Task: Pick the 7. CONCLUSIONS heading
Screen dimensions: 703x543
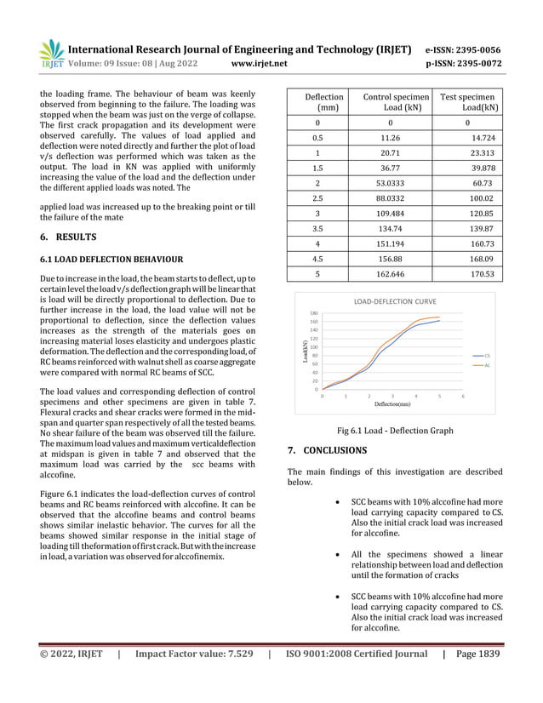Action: point(328,450)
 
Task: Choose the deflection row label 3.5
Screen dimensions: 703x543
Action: point(317,229)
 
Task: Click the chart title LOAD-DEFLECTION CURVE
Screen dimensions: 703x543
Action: point(392,302)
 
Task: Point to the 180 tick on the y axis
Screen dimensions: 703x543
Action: point(313,313)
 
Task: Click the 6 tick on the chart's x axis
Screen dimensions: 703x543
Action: point(463,397)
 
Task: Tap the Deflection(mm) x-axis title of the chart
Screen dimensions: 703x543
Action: point(392,406)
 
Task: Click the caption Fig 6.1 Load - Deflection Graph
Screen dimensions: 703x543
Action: point(396,431)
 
